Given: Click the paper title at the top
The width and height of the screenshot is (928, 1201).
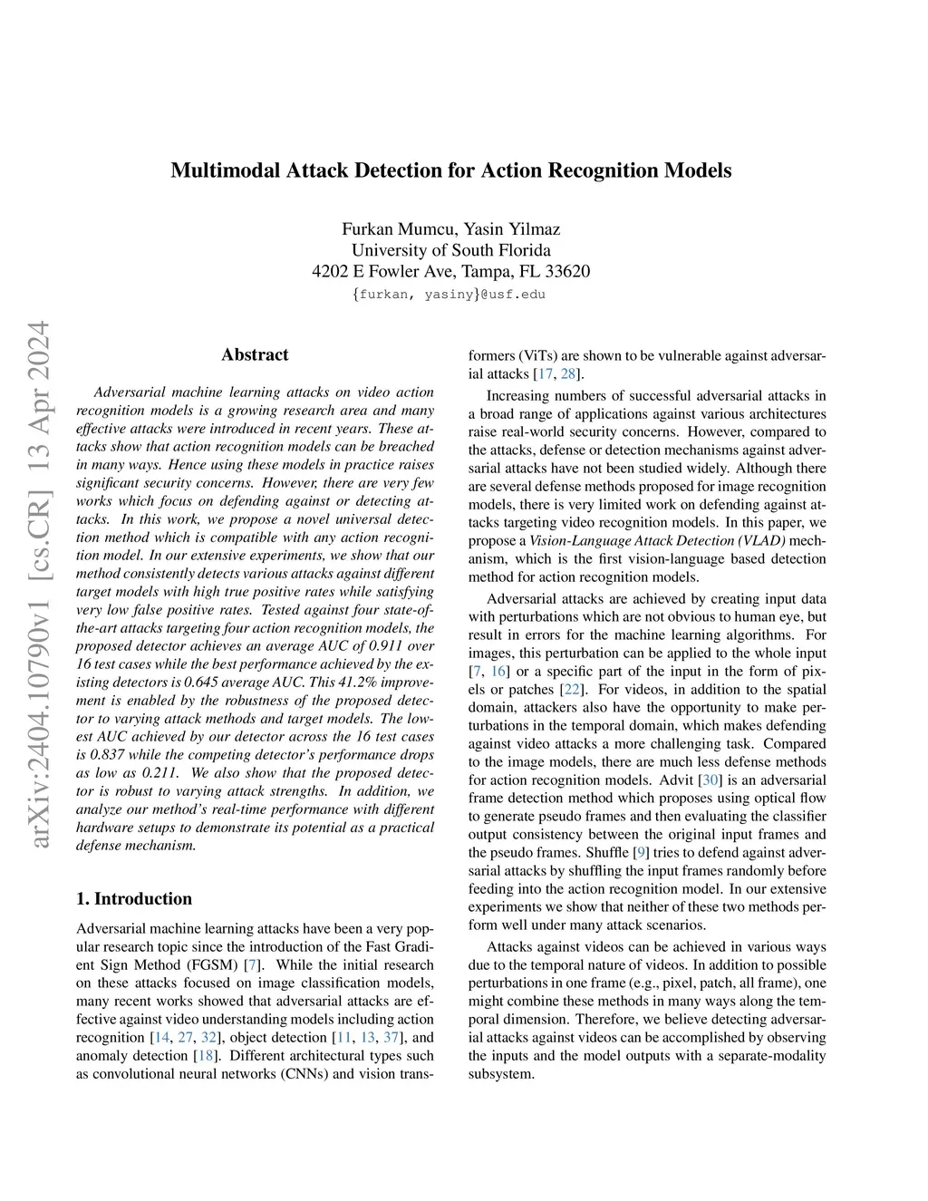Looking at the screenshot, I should click(x=450, y=170).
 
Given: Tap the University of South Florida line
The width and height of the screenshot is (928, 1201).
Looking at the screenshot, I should click(x=450, y=250).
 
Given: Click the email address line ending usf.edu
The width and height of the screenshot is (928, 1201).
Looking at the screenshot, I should click(x=450, y=294).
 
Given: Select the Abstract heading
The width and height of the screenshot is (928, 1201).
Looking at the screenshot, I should click(x=255, y=354).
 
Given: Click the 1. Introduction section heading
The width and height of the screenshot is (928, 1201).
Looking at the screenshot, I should click(x=134, y=898).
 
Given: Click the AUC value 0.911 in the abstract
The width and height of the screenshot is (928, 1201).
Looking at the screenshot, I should click(x=352, y=646).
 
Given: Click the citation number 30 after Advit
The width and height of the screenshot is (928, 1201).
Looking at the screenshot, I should click(x=710, y=780).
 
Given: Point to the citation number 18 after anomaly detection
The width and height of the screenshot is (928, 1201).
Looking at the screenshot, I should click(x=206, y=1055).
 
